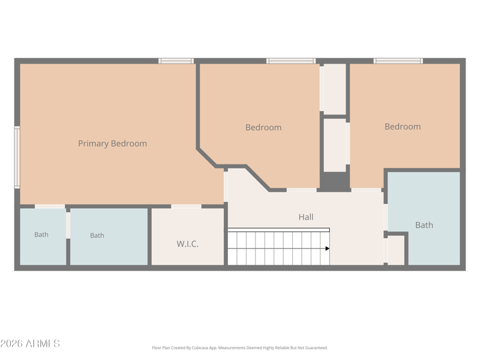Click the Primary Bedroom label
[112, 143]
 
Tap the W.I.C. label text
[187, 244]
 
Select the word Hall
[306, 217]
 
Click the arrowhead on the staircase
[327, 248]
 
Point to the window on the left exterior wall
[17, 157]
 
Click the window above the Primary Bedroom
[176, 61]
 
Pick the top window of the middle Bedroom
[291, 61]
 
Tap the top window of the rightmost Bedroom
[398, 61]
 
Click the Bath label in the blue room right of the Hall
[424, 226]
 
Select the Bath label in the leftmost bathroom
[41, 235]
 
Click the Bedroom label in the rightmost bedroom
[403, 127]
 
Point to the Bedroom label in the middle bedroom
[263, 127]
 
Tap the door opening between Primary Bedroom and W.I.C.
[186, 206]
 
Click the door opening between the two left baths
[68, 226]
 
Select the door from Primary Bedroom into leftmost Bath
[50, 206]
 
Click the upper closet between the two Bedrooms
[335, 89]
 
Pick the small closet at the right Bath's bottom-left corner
[397, 250]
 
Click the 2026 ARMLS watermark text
[30, 343]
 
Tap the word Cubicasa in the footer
[200, 348]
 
